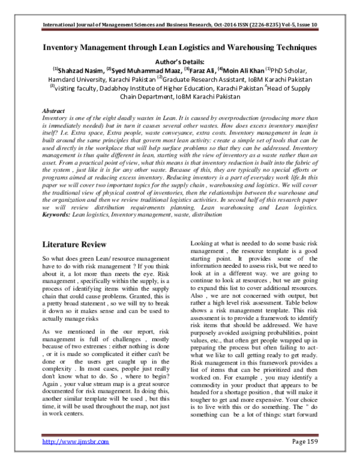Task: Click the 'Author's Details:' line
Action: (x=180, y=61)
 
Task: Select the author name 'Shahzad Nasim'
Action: (x=80, y=70)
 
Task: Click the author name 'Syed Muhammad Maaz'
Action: (x=140, y=70)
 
